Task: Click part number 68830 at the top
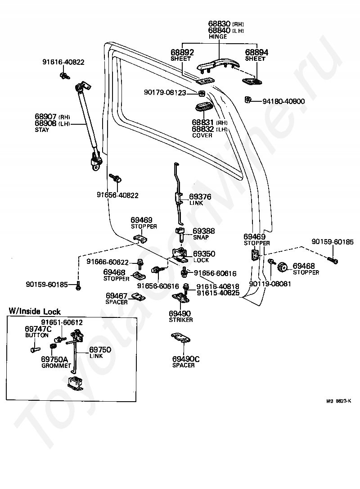pos(219,24)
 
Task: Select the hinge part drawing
pos(218,65)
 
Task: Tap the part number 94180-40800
pos(283,101)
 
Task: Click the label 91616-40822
pos(63,62)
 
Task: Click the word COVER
pos(202,136)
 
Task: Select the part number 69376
pos(200,197)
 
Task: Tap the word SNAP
pos(201,237)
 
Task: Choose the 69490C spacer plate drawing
pos(181,338)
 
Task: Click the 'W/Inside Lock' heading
pos(35,311)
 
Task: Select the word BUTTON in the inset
pos(37,335)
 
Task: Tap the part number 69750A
pos(54,359)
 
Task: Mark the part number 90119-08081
pos(270,284)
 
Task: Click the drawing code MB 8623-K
pos(338,401)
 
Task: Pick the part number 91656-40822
pos(117,195)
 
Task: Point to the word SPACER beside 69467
pos(117,302)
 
